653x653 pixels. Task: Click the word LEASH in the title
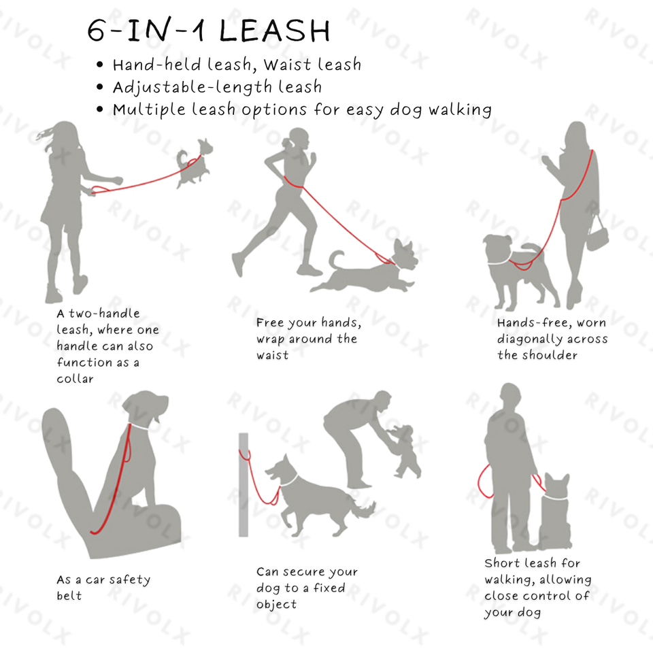[x=274, y=31]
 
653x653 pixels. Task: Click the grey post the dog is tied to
[x=244, y=485]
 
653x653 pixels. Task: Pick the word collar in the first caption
[x=75, y=379]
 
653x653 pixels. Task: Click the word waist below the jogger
[x=272, y=355]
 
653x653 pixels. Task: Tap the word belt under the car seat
[x=69, y=596]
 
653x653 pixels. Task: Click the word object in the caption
[x=277, y=605]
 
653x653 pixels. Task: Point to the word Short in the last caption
[x=503, y=563]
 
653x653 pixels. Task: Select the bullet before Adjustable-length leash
[x=99, y=87]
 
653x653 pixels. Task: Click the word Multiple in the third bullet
[x=149, y=110]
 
